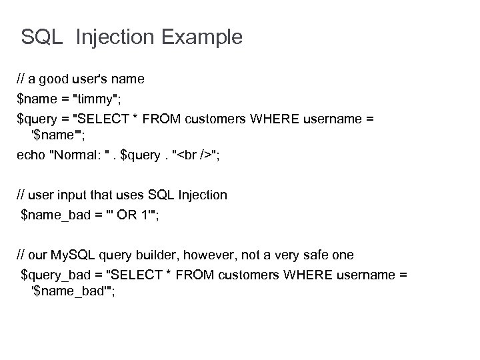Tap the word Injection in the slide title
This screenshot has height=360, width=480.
click(106, 38)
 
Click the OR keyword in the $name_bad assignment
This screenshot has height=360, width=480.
click(131, 215)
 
